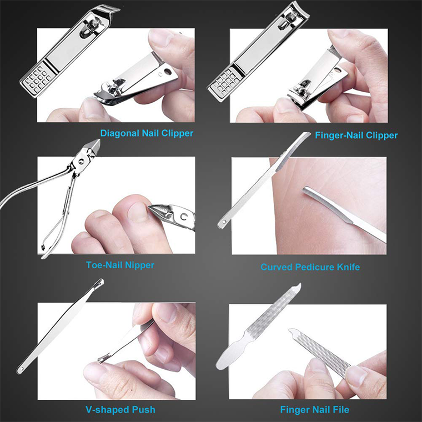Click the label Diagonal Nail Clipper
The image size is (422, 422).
[x=147, y=133]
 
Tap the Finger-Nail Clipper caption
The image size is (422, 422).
[x=356, y=135]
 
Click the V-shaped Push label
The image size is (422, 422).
[x=120, y=410]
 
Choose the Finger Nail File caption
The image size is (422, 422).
[x=314, y=410]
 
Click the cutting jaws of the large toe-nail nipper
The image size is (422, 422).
[x=92, y=148]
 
